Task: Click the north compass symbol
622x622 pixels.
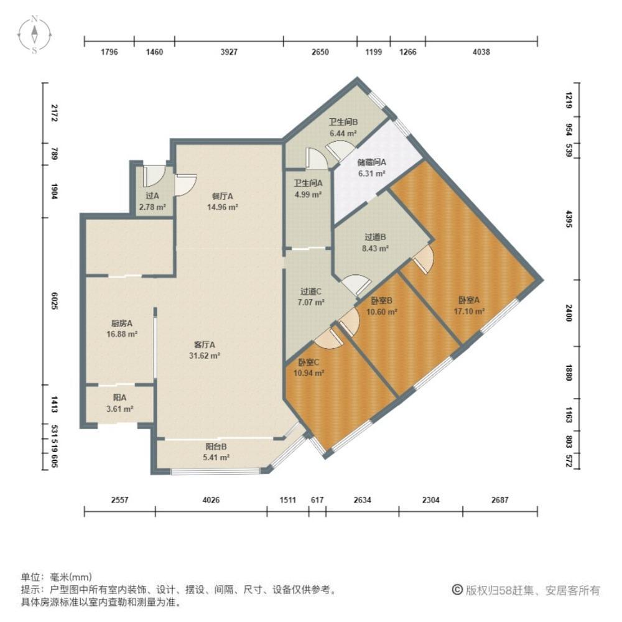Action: pyautogui.click(x=36, y=34)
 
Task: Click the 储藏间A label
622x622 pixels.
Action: pyautogui.click(x=372, y=163)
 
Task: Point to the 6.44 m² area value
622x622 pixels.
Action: pyautogui.click(x=343, y=133)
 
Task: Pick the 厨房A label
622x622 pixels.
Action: pyautogui.click(x=122, y=323)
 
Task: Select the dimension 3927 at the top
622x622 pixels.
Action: pyautogui.click(x=229, y=52)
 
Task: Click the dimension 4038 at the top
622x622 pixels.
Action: pyautogui.click(x=481, y=52)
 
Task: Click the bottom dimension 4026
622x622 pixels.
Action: pyautogui.click(x=211, y=500)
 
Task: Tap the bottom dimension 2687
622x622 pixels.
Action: pyautogui.click(x=499, y=500)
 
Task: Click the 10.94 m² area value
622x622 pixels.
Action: pyautogui.click(x=309, y=373)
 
